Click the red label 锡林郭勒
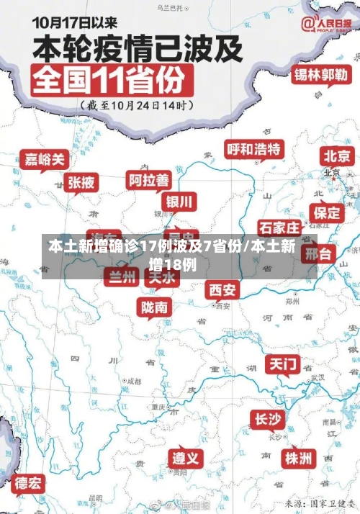click(x=321, y=75)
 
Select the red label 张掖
click(x=81, y=183)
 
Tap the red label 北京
click(x=337, y=155)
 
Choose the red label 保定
click(x=327, y=212)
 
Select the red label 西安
click(x=222, y=289)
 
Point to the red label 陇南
click(x=156, y=307)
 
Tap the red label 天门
click(x=283, y=364)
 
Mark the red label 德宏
click(x=29, y=482)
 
